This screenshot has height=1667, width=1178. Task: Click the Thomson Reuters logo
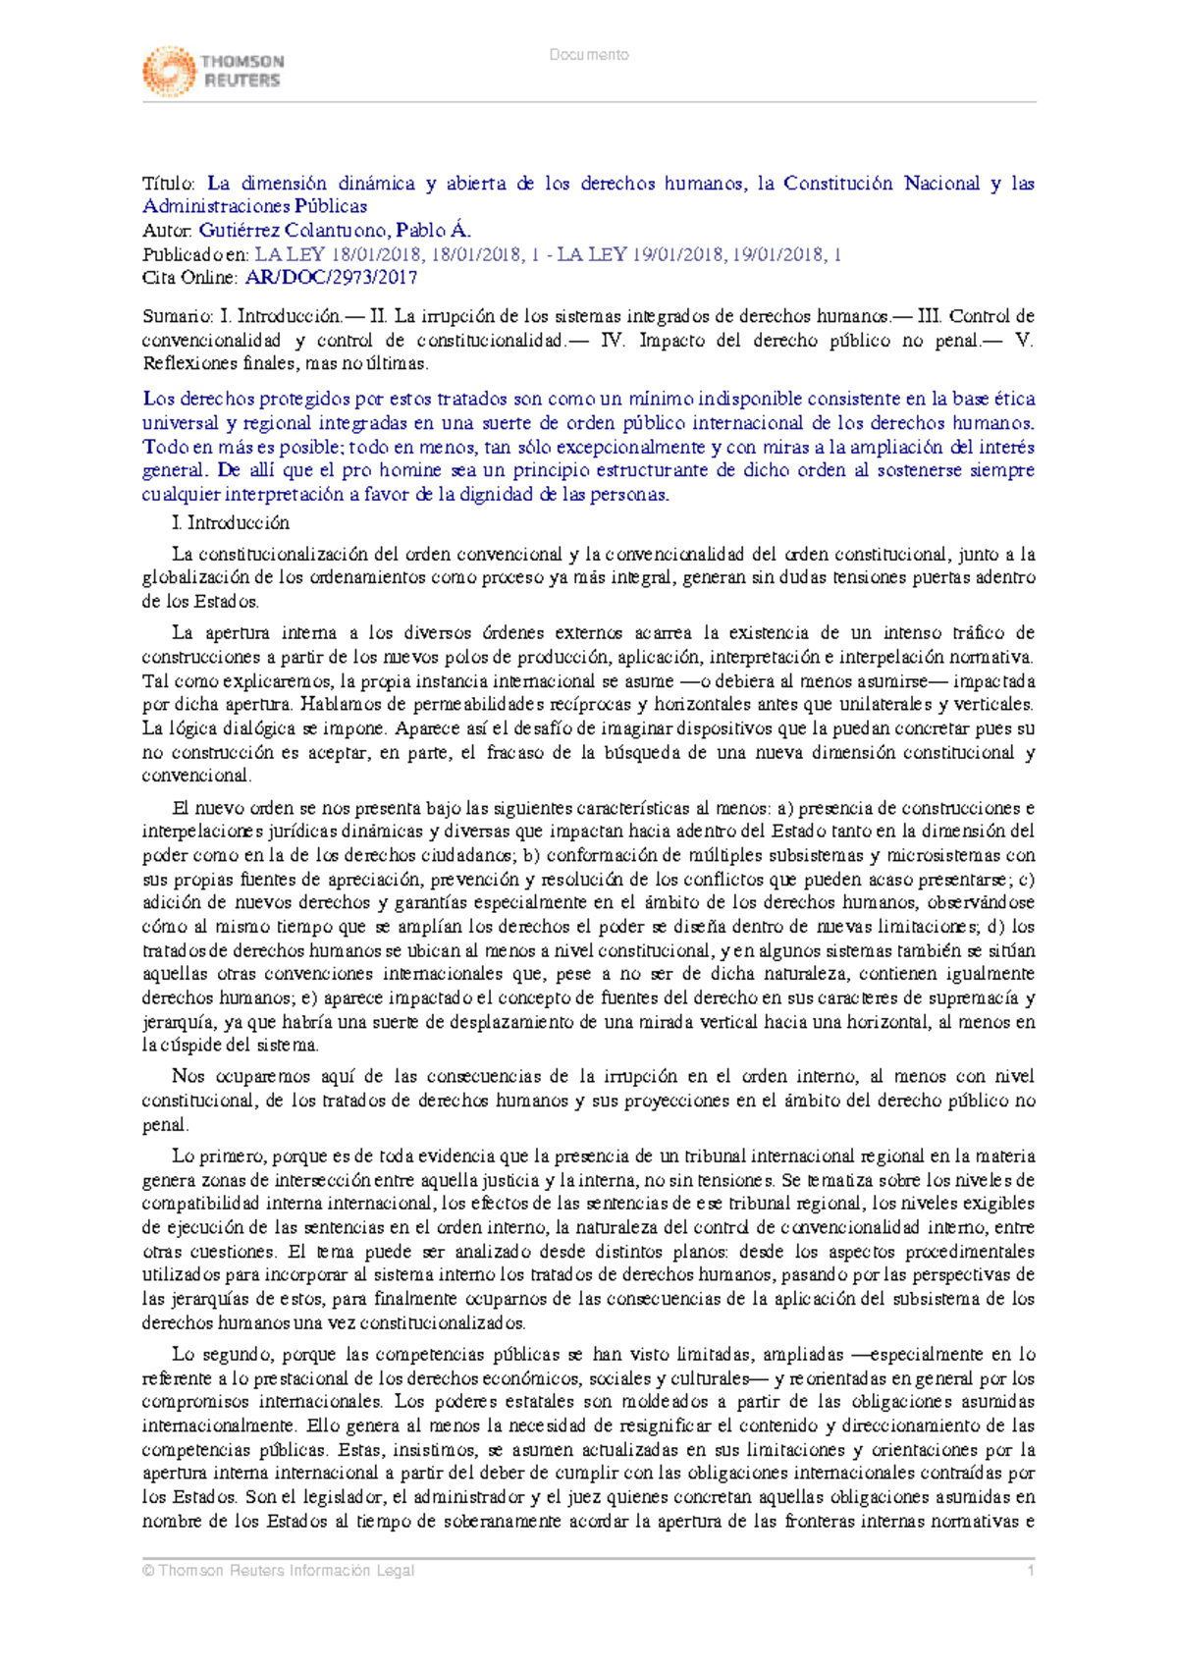[x=213, y=71]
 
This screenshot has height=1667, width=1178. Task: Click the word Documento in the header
[x=589, y=55]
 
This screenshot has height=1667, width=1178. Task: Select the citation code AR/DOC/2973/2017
[x=331, y=278]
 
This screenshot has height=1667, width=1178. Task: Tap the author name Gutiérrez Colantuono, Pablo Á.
[x=335, y=231]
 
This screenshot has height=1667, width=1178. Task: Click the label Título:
[x=169, y=184]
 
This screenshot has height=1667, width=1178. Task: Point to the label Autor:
[x=168, y=231]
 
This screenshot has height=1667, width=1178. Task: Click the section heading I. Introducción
[x=231, y=522]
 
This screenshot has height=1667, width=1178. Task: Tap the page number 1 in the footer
[x=1031, y=1571]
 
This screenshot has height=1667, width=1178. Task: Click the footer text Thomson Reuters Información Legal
[x=286, y=1571]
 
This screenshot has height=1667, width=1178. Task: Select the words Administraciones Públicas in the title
[x=255, y=206]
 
